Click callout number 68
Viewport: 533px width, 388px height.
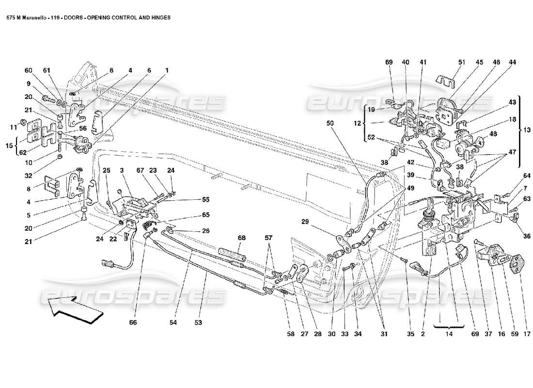tap(242, 238)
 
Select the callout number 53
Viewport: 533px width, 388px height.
tap(198, 322)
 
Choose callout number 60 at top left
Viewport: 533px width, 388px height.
tap(29, 71)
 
